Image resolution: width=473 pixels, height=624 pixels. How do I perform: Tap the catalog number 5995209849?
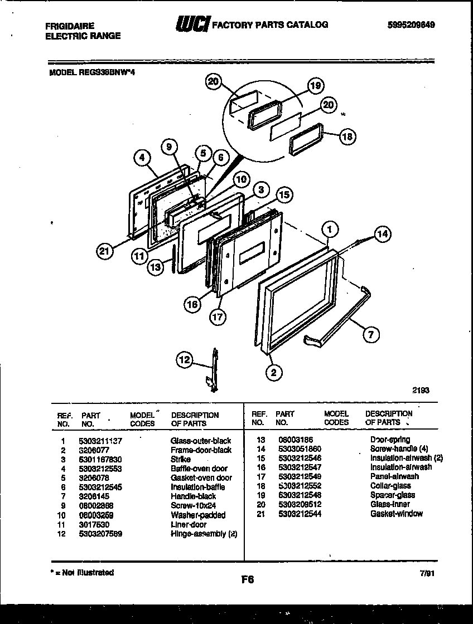point(411,25)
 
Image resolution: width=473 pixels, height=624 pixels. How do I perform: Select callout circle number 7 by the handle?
point(371,334)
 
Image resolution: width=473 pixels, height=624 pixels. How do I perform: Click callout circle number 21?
point(104,251)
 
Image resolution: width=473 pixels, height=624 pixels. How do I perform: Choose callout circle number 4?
point(143,158)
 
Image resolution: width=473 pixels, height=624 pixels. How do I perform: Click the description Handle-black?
point(193,496)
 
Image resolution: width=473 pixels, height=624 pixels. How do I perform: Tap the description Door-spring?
point(390,440)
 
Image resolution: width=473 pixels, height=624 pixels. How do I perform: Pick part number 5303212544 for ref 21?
point(298,514)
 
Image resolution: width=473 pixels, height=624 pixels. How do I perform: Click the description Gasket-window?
point(396,514)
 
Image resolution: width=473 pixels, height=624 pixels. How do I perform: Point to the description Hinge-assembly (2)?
point(204,534)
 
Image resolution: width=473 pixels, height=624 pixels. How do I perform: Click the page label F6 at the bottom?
point(248,579)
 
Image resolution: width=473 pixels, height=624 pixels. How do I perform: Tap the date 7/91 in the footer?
point(428,573)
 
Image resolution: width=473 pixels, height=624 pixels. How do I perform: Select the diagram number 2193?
point(421,391)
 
